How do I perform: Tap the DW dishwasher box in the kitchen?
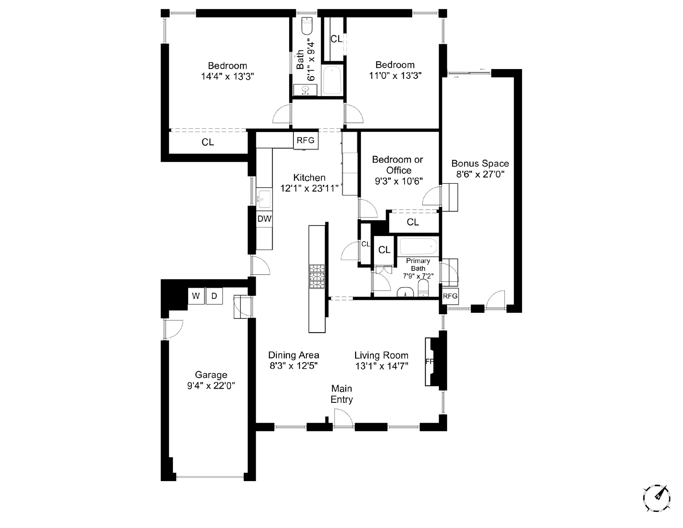click(x=264, y=219)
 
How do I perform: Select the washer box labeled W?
click(x=196, y=296)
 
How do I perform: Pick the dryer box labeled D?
click(x=214, y=296)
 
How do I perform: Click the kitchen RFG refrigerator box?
click(x=306, y=140)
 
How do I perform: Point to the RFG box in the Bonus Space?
click(x=450, y=296)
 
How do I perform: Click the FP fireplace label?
click(x=429, y=362)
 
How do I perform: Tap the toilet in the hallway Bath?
click(x=307, y=26)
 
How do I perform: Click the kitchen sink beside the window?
click(x=264, y=198)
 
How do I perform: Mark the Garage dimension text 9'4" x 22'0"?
click(x=211, y=386)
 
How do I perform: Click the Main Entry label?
click(x=342, y=394)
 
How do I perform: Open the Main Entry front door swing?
click(x=343, y=419)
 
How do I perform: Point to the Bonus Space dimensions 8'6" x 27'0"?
click(x=480, y=174)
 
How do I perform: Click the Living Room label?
click(x=381, y=355)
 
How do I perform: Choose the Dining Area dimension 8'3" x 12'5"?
click(x=294, y=366)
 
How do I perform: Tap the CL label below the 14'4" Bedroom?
click(x=208, y=142)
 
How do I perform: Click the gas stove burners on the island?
click(x=317, y=276)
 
